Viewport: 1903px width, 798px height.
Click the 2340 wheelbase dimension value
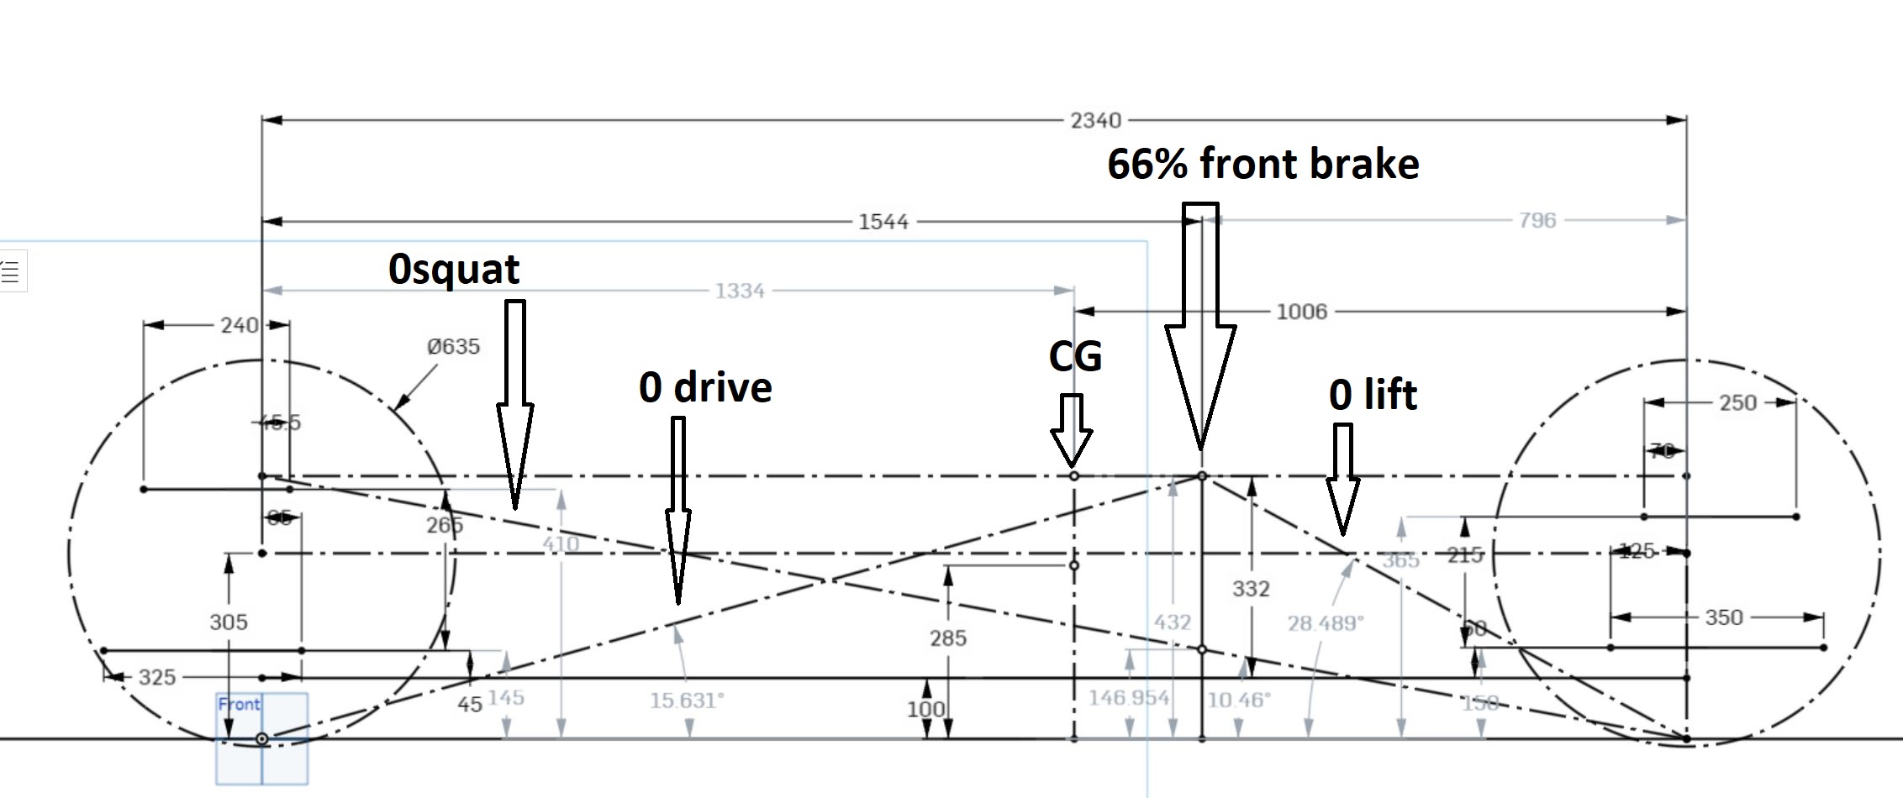[1095, 121]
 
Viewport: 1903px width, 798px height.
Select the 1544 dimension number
[883, 222]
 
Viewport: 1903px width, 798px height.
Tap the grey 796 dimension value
[1537, 220]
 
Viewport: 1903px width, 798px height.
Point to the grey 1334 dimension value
[740, 291]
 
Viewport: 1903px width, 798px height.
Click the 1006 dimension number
[1301, 312]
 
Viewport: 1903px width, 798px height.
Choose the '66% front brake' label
[1263, 163]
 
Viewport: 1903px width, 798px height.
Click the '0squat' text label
[454, 269]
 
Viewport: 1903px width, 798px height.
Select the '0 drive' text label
[705, 387]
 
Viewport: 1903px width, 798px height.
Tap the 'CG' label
[1075, 356]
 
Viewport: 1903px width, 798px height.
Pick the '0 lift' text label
[1373, 394]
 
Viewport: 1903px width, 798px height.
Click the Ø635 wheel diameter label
[453, 346]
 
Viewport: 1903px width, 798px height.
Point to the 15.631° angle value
[687, 700]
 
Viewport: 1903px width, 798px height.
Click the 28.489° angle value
[1326, 623]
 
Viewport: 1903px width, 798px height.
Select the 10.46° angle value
[1239, 700]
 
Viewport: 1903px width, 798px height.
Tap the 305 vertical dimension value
[229, 622]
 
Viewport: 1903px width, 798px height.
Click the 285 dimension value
[948, 638]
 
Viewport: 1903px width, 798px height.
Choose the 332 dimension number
[1251, 589]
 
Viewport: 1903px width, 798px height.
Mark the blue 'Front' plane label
[239, 704]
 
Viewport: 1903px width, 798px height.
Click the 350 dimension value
[1723, 617]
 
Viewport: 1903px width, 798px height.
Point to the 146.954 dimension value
[1129, 697]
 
